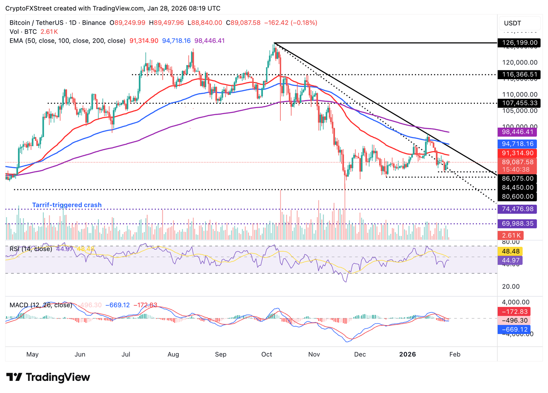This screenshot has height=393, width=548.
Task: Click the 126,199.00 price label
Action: pos(519,43)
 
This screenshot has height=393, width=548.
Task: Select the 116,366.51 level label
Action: pos(519,75)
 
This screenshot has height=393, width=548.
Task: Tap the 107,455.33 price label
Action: pos(519,103)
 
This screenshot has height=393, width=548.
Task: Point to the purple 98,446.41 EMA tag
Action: pos(517,132)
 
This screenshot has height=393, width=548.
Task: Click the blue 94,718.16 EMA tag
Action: pos(517,144)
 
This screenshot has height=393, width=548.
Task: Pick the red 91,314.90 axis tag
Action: pos(517,153)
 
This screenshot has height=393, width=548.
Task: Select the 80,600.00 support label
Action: pos(518,196)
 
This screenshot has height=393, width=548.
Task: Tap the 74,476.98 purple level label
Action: pos(517,209)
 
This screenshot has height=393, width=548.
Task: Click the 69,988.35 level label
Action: pos(517,224)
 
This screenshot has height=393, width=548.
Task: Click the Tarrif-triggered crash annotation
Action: pos(67,205)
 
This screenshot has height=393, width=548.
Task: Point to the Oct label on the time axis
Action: pos(267,354)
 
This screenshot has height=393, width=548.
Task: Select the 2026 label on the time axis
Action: pos(407,354)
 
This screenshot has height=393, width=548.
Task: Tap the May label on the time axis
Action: pos(32,354)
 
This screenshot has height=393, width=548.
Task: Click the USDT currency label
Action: pos(512,24)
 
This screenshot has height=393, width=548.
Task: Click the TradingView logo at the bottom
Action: pos(48,377)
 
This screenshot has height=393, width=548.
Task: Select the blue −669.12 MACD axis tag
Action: pos(514,330)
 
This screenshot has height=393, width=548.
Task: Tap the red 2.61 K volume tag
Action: pos(511,235)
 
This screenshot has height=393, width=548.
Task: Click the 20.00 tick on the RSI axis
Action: pos(511,287)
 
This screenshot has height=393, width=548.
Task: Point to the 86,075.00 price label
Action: pos(518,179)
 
